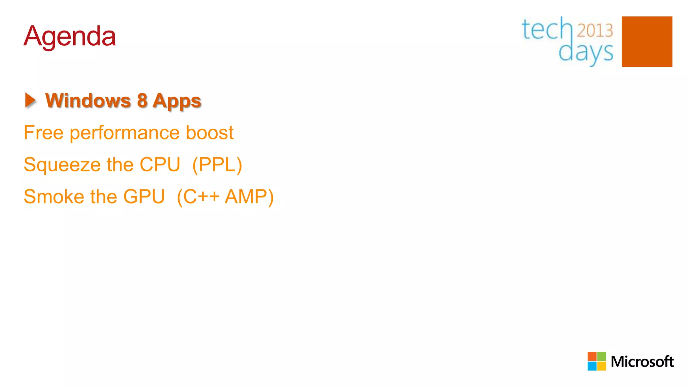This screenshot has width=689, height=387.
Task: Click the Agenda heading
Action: [70, 36]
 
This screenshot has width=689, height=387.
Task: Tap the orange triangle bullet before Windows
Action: [30, 100]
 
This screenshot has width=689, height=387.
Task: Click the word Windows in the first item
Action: [88, 100]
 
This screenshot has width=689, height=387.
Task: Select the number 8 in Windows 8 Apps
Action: [142, 100]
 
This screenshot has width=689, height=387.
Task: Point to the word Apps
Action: [177, 101]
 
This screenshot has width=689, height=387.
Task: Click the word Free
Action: [43, 132]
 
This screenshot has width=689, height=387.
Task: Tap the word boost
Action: [210, 132]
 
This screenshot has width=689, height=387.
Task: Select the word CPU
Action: [160, 165]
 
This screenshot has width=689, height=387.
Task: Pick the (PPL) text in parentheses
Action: [217, 165]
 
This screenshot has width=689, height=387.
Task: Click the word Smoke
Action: [54, 197]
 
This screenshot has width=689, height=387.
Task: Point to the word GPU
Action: [144, 197]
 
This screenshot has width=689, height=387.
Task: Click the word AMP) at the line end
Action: [249, 197]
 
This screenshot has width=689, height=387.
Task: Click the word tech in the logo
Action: [547, 30]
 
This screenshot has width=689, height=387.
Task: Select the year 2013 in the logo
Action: [595, 31]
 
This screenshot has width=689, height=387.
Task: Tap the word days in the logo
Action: [586, 52]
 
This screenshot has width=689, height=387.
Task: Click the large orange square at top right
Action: [647, 42]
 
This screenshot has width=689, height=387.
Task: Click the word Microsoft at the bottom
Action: [642, 361]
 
